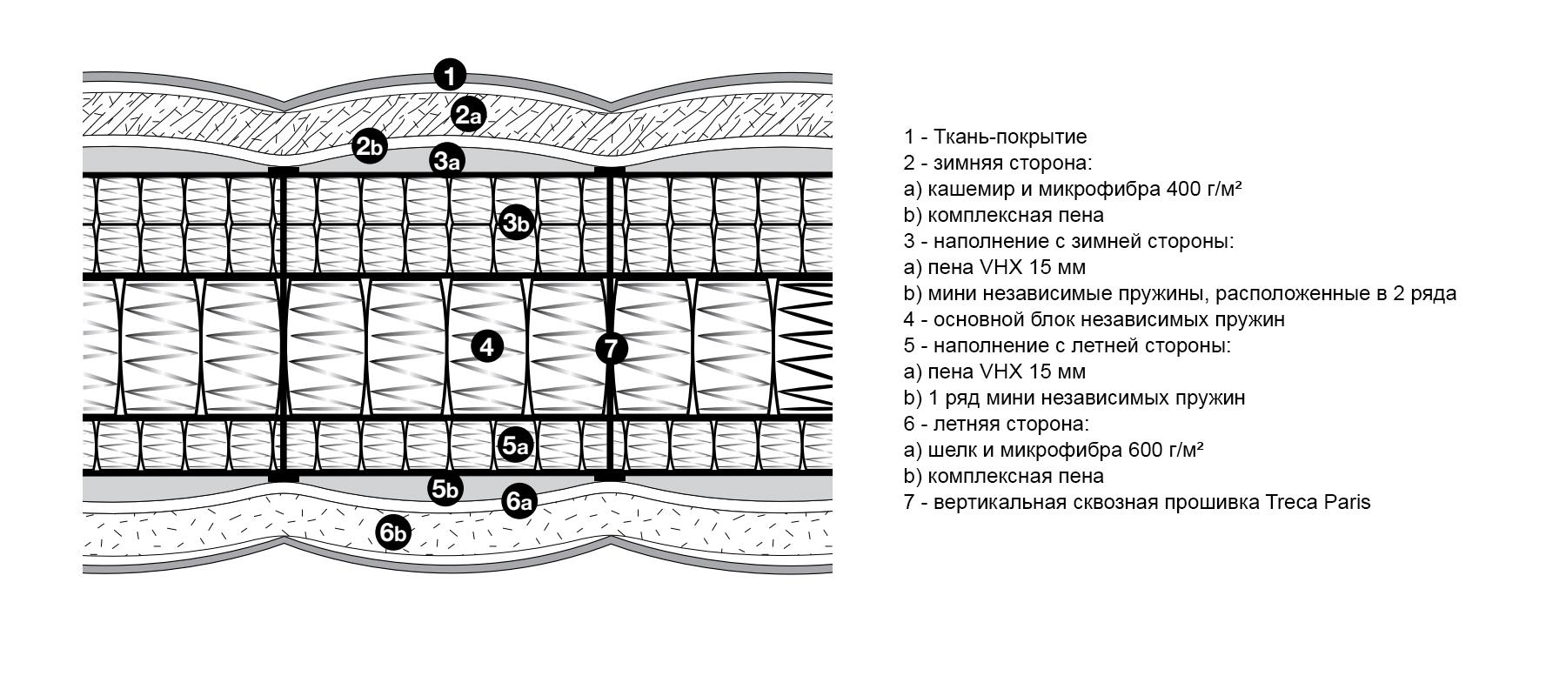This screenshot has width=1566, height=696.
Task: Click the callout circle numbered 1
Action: (449, 75)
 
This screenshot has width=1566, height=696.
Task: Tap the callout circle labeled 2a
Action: (468, 115)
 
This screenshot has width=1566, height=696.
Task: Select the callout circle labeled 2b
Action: (369, 146)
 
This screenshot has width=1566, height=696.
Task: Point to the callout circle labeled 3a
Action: (447, 160)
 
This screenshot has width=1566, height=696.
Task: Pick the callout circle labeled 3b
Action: (516, 224)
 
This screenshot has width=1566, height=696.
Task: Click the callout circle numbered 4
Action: (487, 347)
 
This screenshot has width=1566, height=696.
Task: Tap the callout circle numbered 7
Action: (611, 349)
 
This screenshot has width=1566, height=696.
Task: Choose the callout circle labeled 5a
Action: (515, 446)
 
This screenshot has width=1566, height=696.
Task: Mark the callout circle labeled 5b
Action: (445, 489)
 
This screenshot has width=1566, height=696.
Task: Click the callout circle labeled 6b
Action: (393, 532)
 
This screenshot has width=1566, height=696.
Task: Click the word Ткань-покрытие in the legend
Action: (1010, 137)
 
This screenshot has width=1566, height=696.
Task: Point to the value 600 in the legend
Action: (1145, 450)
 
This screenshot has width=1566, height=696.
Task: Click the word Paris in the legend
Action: (1348, 502)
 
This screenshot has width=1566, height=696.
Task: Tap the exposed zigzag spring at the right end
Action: (805, 348)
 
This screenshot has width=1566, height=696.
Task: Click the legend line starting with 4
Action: (1094, 319)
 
